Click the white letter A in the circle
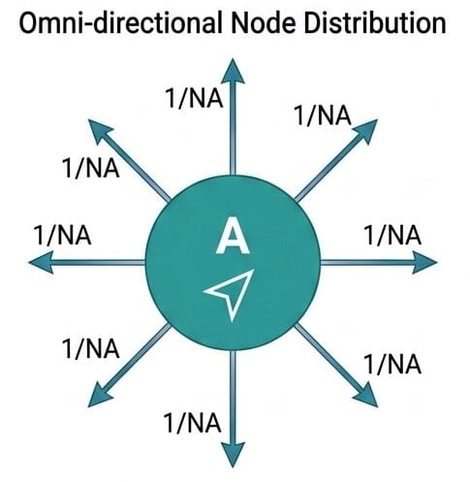click(233, 236)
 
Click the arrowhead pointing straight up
click(233, 71)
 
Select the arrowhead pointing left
click(42, 262)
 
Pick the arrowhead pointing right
click(424, 262)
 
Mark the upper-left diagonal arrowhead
click(101, 132)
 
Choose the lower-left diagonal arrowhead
click(101, 395)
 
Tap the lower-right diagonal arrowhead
click(365, 395)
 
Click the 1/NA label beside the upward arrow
click(194, 98)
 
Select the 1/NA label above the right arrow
click(392, 235)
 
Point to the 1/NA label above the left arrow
click(62, 235)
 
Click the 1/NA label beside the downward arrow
click(193, 423)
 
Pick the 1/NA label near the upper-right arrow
click(323, 115)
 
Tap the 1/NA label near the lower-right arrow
click(392, 364)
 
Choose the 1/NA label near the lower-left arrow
click(91, 348)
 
